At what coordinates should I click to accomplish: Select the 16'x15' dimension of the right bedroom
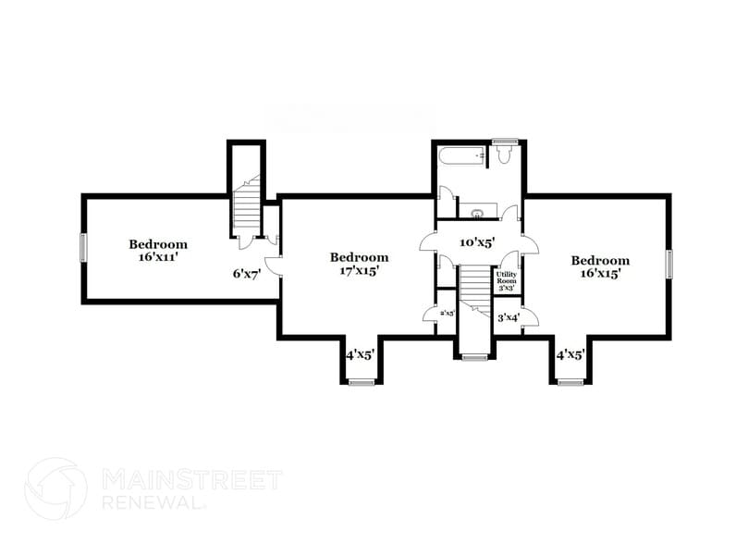click(599, 274)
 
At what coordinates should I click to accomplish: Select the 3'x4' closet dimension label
click(509, 318)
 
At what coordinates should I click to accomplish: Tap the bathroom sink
click(478, 214)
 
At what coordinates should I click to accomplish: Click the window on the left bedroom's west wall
click(83, 247)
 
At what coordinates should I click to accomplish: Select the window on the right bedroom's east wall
click(669, 264)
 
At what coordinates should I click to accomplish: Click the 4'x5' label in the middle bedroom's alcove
click(360, 354)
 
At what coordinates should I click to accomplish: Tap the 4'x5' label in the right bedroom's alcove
click(570, 354)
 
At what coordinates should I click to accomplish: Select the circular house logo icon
click(55, 488)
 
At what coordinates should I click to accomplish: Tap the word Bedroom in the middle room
click(359, 257)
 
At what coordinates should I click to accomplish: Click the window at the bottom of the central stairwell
click(474, 357)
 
